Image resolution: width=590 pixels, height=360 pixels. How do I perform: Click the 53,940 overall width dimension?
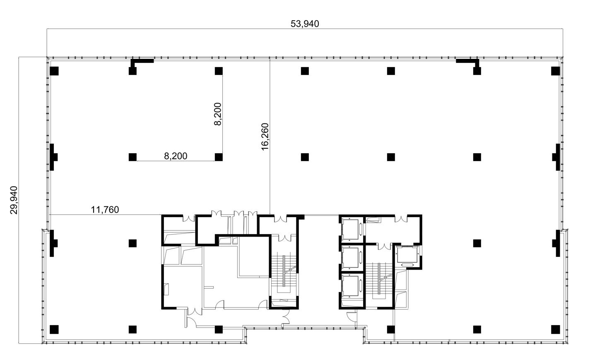[x=305, y=24]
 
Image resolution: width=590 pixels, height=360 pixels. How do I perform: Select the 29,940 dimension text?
[x=14, y=200]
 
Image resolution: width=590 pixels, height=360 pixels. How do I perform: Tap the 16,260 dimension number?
[x=265, y=137]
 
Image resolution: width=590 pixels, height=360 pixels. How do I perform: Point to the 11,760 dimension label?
[x=105, y=210]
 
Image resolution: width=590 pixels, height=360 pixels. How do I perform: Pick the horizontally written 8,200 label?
[x=176, y=156]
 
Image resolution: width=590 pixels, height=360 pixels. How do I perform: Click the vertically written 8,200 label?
[x=218, y=114]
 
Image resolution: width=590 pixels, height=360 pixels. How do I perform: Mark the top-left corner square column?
[x=54, y=71]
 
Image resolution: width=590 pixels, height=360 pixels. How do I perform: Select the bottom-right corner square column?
[x=556, y=329]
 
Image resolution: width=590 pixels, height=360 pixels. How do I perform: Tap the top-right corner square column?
[x=556, y=71]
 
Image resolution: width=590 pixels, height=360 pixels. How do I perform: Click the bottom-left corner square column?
[x=54, y=329]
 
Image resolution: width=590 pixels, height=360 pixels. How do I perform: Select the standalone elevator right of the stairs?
[x=407, y=256]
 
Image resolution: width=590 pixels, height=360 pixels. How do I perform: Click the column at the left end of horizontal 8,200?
[x=133, y=157]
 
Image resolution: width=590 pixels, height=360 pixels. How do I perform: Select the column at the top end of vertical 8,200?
[x=219, y=71]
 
